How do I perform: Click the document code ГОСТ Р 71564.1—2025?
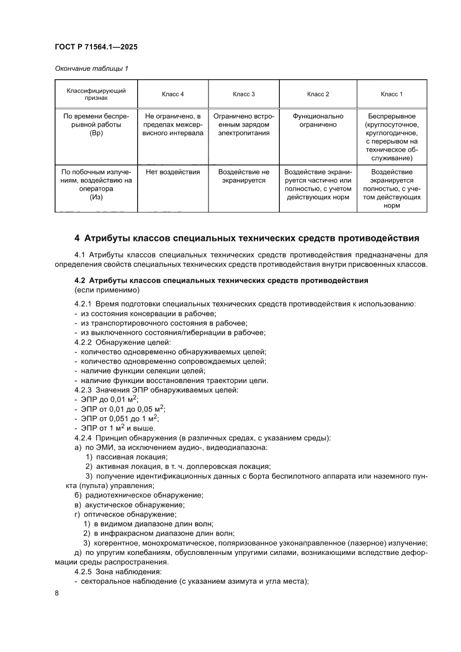tap(96, 47)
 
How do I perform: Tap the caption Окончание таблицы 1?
tap(91, 69)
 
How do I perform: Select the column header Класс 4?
tap(173, 94)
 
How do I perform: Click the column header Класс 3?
tap(244, 94)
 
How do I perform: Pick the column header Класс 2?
tap(318, 94)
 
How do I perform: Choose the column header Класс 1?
tap(391, 94)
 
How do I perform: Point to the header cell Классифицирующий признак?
tap(96, 94)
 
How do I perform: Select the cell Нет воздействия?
tap(173, 172)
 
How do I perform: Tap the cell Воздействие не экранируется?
tap(244, 176)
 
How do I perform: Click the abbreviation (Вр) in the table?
tap(96, 134)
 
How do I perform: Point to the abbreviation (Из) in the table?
tap(96, 197)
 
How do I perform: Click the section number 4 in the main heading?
tap(77, 239)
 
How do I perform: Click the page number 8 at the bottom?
tap(57, 593)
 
